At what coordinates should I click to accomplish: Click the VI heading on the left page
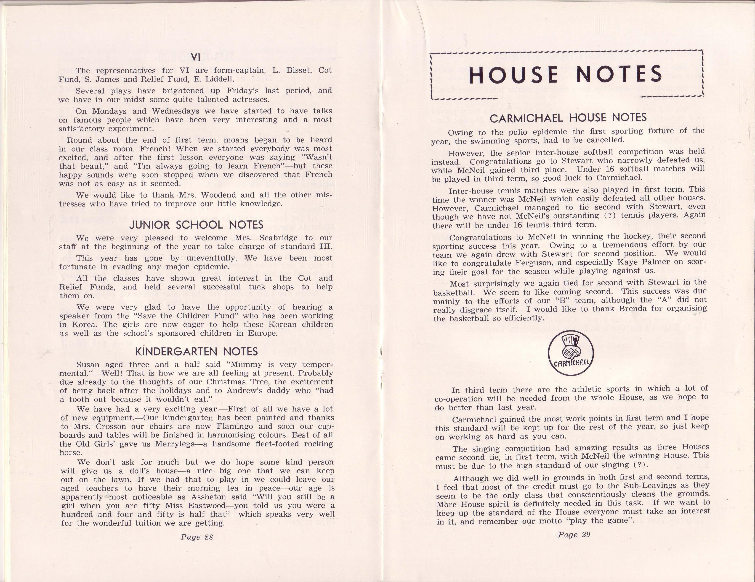[196, 58]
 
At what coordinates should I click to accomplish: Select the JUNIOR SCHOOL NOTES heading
[196, 225]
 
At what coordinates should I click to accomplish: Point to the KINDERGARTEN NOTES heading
[196, 351]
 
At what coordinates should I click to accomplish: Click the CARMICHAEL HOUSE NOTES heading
[568, 118]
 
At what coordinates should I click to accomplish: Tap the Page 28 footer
[196, 537]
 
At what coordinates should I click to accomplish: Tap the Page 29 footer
[574, 535]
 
